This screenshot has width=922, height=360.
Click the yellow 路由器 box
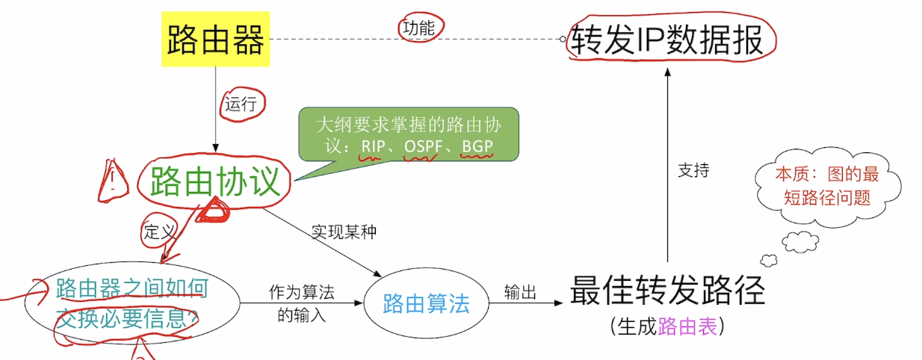coord(215,40)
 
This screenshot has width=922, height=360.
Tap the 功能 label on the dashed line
coord(418,28)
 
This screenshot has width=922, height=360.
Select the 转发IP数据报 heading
coord(667,40)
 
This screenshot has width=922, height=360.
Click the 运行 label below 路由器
coord(241,103)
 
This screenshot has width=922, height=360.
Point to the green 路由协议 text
coord(215,181)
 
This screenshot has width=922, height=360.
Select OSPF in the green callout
coord(423,146)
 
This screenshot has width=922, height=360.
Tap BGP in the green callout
coord(477,146)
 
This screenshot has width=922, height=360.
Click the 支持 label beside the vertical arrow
coord(693,170)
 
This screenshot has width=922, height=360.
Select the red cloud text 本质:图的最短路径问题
coord(827,187)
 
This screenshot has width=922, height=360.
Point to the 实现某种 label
coord(344,232)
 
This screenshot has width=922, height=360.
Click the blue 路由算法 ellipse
coord(426,303)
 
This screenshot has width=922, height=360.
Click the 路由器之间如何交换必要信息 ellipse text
coord(131,303)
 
